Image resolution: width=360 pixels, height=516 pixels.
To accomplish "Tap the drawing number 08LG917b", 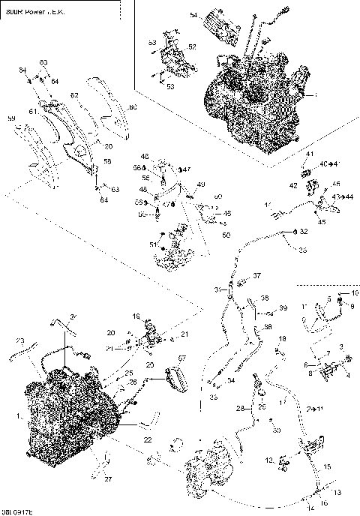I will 19,510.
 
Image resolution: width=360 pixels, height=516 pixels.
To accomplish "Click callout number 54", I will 193,16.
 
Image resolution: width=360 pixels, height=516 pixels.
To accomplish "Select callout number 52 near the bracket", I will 192,47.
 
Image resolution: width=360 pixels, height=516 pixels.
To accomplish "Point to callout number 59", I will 11,118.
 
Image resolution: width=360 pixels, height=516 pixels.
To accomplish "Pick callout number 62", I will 74,95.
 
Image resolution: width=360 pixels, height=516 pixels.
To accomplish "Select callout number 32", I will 304,232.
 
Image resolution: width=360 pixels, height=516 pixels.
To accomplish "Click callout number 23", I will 20,340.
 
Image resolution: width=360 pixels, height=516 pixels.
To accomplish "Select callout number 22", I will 148,439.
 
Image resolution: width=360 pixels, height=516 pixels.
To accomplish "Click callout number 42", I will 294,184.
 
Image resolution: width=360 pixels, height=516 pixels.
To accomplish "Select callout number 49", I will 201,184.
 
